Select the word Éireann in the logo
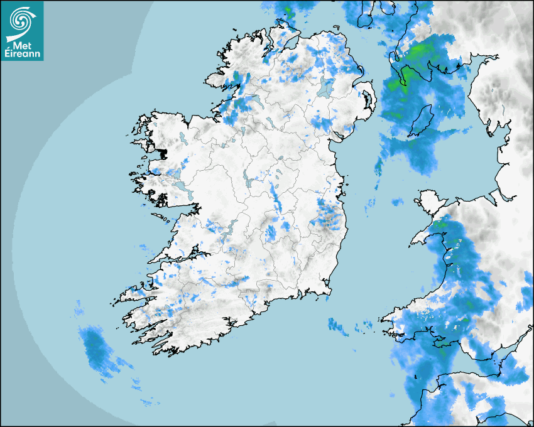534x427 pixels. (21, 54)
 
